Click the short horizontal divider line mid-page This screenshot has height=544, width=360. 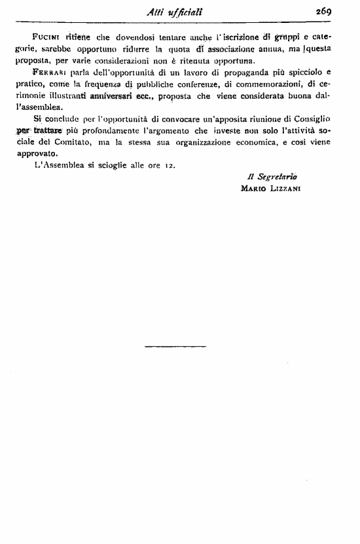(x=175, y=346)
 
